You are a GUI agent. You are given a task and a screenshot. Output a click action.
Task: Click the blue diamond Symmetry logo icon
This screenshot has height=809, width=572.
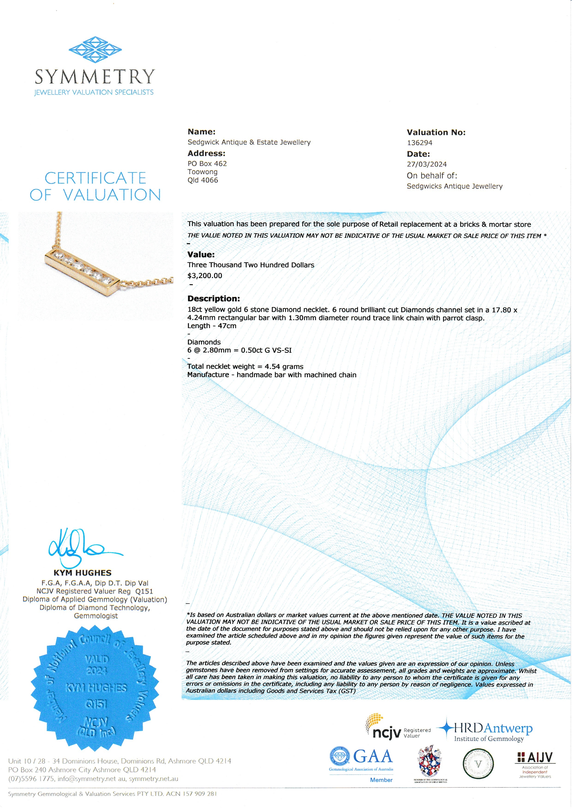coord(95,49)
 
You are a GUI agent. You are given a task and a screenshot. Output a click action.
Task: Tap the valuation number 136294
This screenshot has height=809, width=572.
coord(420,143)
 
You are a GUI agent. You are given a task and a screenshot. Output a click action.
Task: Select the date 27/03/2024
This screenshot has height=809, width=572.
coord(426,164)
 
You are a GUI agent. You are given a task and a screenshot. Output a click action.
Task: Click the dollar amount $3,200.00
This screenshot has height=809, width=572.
coord(205,275)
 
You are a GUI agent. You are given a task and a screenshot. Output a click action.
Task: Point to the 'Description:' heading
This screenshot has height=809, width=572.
coord(213,299)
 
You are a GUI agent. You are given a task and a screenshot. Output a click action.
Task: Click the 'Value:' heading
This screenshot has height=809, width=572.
coord(201,254)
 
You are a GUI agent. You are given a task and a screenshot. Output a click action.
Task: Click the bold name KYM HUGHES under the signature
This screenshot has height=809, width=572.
coord(82,573)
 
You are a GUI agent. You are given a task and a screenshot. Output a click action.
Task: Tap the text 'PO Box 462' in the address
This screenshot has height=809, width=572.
coord(207,164)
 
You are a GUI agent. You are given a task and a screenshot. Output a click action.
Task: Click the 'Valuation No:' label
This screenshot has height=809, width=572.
coord(436,132)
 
